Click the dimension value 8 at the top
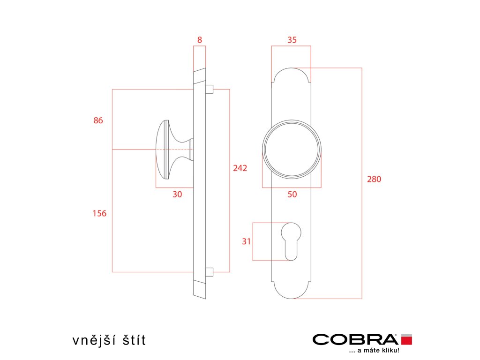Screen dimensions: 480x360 click(x=200, y=40)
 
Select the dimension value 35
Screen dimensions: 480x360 click(x=292, y=40)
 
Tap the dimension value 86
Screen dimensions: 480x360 click(x=98, y=120)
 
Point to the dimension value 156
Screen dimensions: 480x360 click(x=99, y=214)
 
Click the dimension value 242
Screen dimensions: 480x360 click(x=240, y=168)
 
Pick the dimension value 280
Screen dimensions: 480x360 click(x=374, y=179)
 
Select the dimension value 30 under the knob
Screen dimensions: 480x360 click(x=177, y=195)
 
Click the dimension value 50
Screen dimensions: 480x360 click(x=292, y=195)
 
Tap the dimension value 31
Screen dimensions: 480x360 click(x=247, y=241)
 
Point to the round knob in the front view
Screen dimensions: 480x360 click(x=292, y=149)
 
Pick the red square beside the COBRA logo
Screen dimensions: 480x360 click(x=406, y=339)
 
